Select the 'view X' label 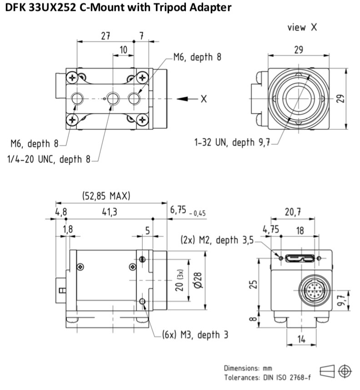(x=302, y=27)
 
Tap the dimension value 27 (x=105, y=36)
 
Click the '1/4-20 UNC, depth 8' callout (x=49, y=159)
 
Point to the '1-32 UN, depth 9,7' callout (x=232, y=143)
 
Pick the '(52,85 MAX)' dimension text (x=106, y=196)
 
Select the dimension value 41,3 (x=110, y=212)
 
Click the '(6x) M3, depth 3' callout (x=195, y=335)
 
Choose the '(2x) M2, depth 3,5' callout (x=217, y=240)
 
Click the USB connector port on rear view (x=300, y=258)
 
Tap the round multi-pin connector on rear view (x=315, y=290)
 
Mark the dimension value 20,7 (x=293, y=212)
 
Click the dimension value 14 (x=301, y=339)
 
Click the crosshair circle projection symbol (x=345, y=371)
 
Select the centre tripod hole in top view (x=113, y=99)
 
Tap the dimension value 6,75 (x=178, y=210)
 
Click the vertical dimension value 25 (x=253, y=284)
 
